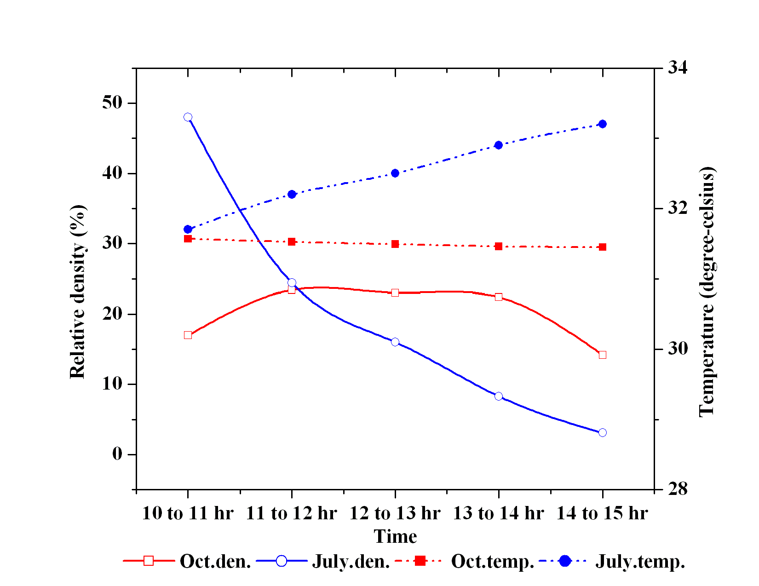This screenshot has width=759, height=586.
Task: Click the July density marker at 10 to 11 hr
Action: coord(188,117)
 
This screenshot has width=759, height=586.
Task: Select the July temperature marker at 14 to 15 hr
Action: coord(603,124)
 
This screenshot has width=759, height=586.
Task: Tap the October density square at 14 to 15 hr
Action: coord(603,355)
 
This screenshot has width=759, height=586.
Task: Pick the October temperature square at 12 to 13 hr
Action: coord(395,244)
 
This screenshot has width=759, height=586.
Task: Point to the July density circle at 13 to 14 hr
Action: coord(499,396)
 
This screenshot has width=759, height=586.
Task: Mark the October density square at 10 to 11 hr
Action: coord(188,335)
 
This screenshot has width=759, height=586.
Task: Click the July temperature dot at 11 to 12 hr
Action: coord(292,194)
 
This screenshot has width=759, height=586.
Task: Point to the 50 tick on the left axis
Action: coord(112,103)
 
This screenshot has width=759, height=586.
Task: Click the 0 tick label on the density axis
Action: coord(117,454)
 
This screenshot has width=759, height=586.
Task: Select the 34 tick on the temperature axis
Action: coord(678,68)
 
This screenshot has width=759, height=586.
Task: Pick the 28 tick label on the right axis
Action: coord(678,488)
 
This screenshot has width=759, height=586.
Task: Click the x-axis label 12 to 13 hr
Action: coord(395,513)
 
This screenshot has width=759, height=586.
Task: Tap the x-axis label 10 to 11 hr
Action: coord(188,513)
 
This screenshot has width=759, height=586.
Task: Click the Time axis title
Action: coord(395,536)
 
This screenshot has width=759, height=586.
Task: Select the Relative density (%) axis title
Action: coord(78,292)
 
